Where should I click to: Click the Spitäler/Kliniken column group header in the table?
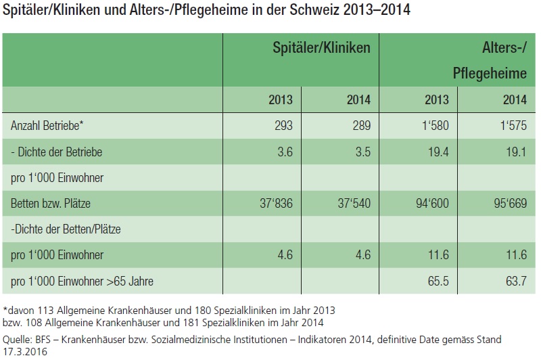pyautogui.click(x=321, y=48)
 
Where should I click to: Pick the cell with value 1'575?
pyautogui.click(x=513, y=125)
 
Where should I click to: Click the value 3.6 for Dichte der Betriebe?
pyautogui.click(x=284, y=152)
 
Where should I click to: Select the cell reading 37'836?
pyautogui.click(x=275, y=204)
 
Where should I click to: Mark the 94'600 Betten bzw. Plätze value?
pyautogui.click(x=430, y=204)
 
